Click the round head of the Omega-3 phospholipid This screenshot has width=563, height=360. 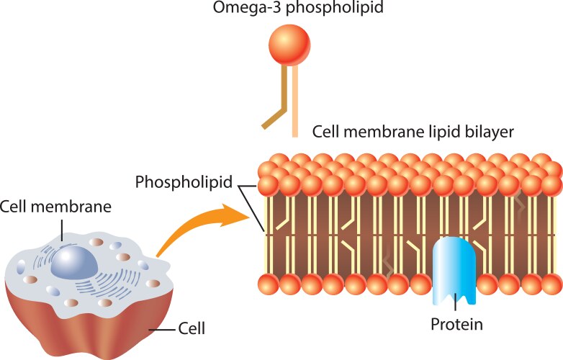pyautogui.click(x=289, y=45)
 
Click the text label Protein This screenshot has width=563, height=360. pyautogui.click(x=456, y=325)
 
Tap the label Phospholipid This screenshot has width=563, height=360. pyautogui.click(x=184, y=182)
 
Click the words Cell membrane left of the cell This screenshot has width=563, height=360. pyautogui.click(x=55, y=207)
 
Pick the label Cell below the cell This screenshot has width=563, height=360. pyautogui.click(x=192, y=330)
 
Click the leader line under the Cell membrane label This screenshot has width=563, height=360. pyautogui.click(x=63, y=230)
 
